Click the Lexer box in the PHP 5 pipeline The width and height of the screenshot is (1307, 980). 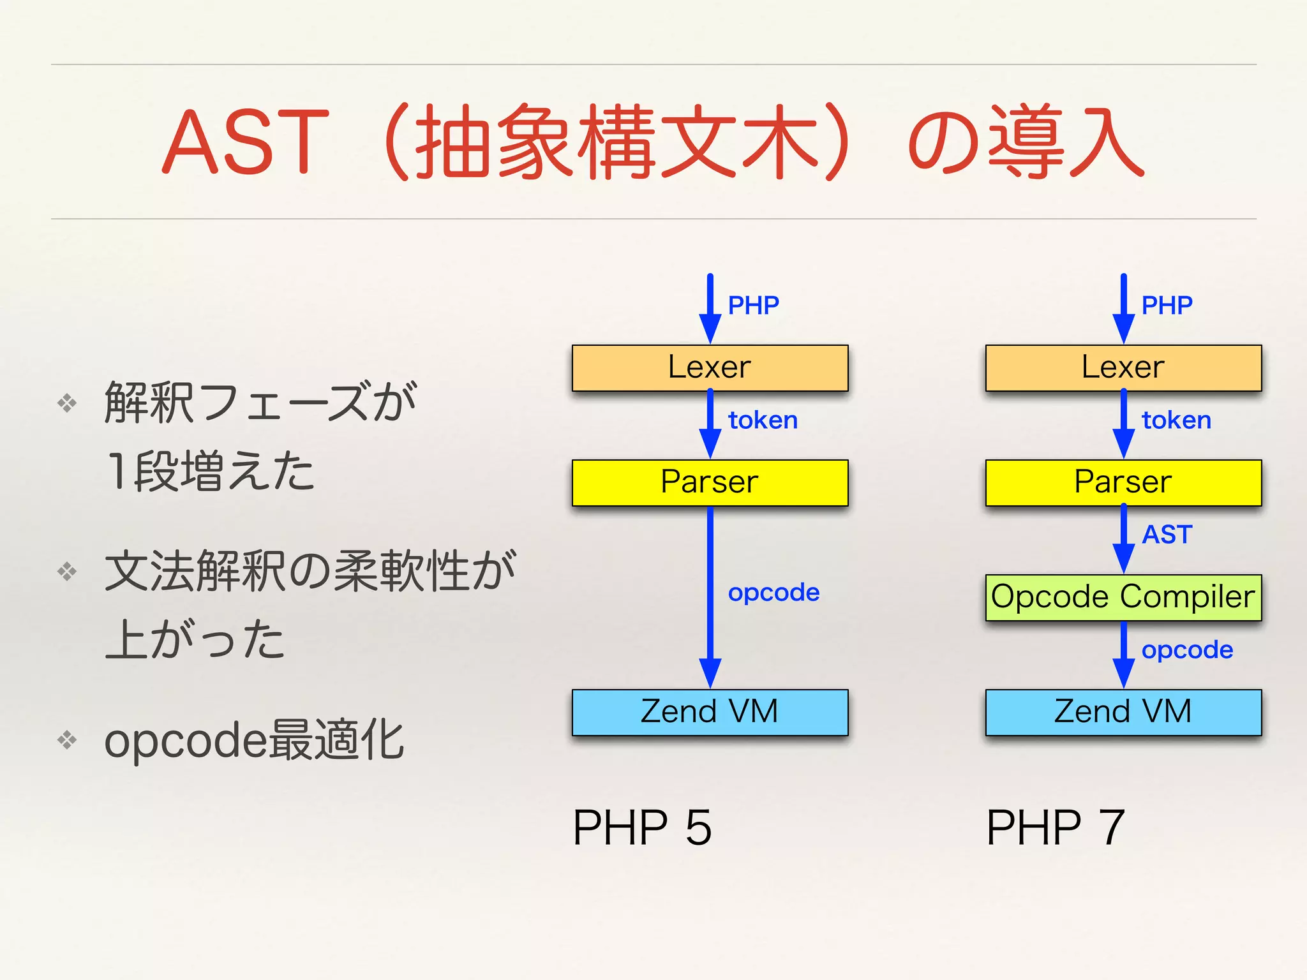click(x=710, y=368)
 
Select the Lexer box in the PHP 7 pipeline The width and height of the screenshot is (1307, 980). click(x=1123, y=368)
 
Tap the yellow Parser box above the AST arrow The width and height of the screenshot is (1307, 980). click(x=1123, y=482)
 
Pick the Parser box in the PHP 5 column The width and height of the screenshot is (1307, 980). click(x=710, y=482)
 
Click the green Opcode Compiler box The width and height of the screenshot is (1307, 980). click(x=1123, y=597)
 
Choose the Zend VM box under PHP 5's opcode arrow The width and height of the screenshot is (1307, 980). click(x=710, y=712)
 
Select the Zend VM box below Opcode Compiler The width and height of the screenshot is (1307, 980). click(x=1123, y=712)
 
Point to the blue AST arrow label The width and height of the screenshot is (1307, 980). click(x=1167, y=535)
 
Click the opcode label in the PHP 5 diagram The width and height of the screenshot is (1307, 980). click(x=773, y=593)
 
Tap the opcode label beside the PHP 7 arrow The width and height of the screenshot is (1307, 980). click(x=1187, y=650)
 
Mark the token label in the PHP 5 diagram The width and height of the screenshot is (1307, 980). click(x=763, y=420)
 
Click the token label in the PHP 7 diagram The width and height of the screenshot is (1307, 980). click(x=1176, y=420)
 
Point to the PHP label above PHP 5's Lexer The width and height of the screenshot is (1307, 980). click(x=754, y=306)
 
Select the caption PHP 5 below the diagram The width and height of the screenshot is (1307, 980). click(x=642, y=828)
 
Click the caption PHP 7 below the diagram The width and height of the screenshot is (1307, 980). click(x=1055, y=828)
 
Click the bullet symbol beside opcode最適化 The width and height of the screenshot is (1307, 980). click(x=67, y=740)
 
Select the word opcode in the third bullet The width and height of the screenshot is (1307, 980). click(x=185, y=741)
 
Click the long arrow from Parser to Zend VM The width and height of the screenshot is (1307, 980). click(x=710, y=593)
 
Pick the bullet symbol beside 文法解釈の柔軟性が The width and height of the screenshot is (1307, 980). click(x=67, y=571)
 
